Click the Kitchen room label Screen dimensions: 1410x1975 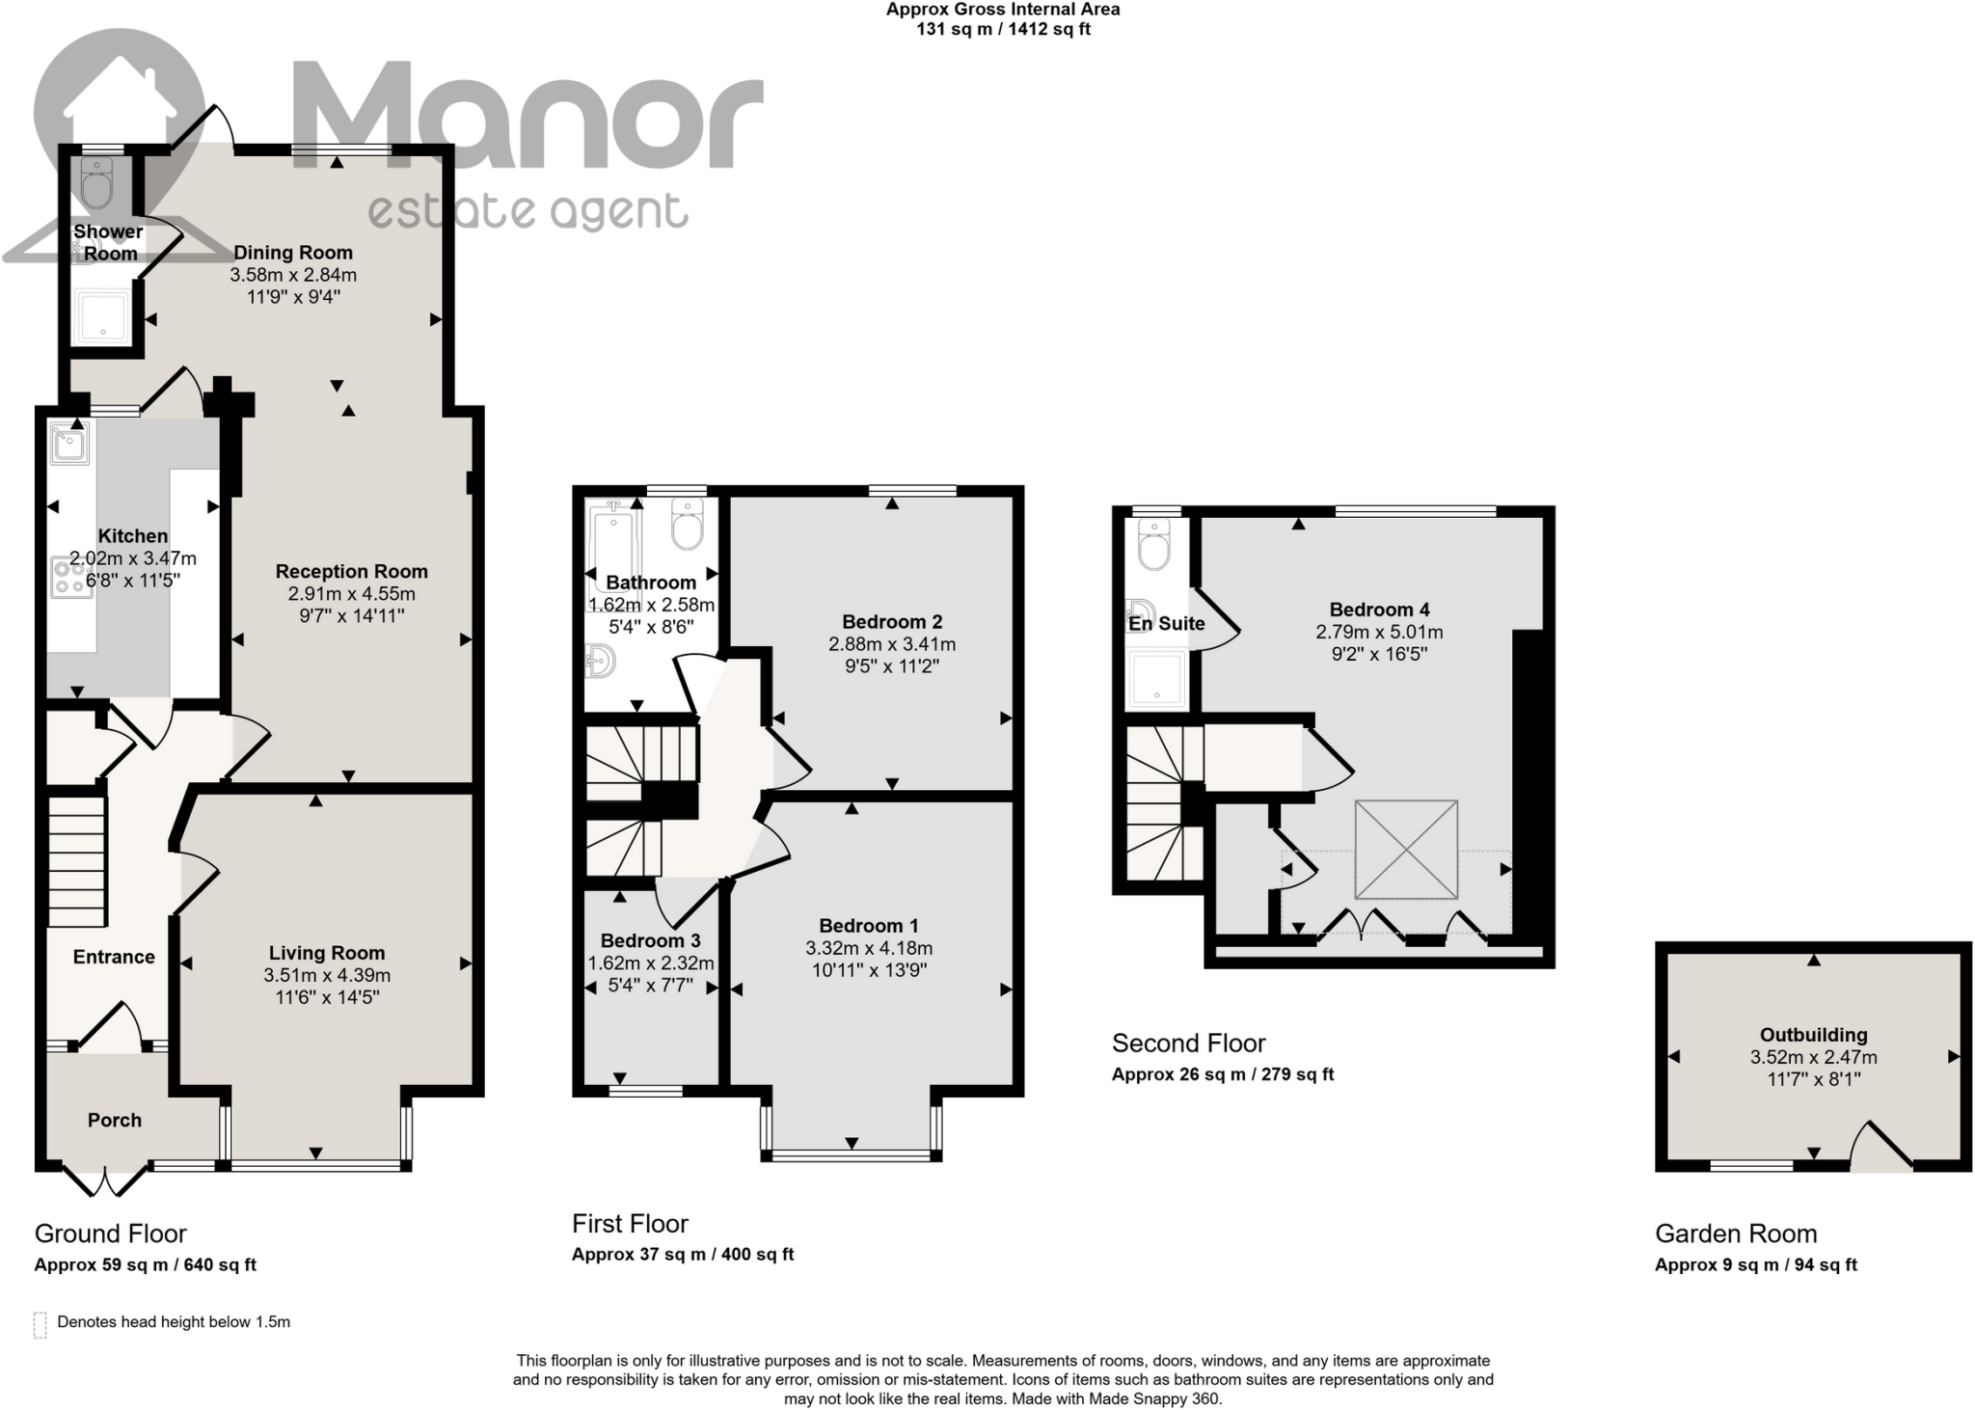(x=133, y=536)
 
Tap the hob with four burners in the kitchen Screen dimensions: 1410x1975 (x=70, y=577)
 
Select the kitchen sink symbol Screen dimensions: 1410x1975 (x=69, y=444)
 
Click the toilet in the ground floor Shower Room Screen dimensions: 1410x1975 (x=96, y=183)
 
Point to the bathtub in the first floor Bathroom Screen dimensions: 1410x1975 (x=613, y=550)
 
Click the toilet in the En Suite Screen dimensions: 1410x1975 (x=1153, y=545)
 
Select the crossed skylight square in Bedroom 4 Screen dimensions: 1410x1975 (x=1406, y=849)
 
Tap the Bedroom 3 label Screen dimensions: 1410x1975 (x=650, y=940)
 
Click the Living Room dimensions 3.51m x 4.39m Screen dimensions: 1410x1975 (x=327, y=975)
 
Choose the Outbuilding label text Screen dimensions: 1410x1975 (x=1813, y=1035)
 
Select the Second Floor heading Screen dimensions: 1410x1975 (x=1188, y=1044)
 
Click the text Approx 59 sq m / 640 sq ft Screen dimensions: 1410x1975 (x=145, y=1265)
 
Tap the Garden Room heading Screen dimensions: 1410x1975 (x=1735, y=1234)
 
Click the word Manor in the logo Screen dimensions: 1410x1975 (x=526, y=116)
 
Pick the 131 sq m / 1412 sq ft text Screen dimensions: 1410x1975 (x=1003, y=29)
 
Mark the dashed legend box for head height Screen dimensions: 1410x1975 (x=40, y=1324)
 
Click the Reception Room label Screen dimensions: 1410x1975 (x=351, y=572)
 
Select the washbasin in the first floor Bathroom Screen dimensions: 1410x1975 (x=600, y=662)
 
